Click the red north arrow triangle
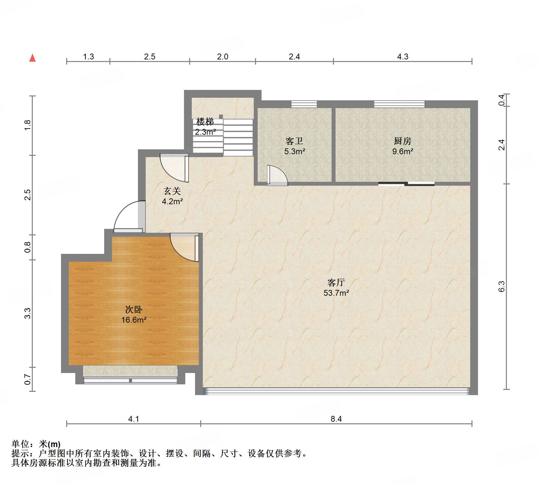pos(32,58)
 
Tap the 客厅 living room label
pos(336,282)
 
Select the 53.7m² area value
pos(336,293)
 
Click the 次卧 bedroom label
pos(134,309)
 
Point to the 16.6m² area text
pos(134,320)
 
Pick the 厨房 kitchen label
pos(402,141)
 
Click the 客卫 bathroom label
pos(294,141)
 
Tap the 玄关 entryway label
pos(172,191)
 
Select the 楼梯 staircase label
pos(205,122)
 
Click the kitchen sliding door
pos(406,184)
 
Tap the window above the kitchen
pos(399,104)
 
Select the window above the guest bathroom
pos(304,104)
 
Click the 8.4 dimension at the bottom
pos(336,419)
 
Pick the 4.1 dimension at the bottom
pos(133,419)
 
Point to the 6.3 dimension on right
pos(502,286)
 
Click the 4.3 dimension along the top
pos(402,56)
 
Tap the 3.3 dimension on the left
pos(28,313)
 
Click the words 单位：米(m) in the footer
pos(36,444)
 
